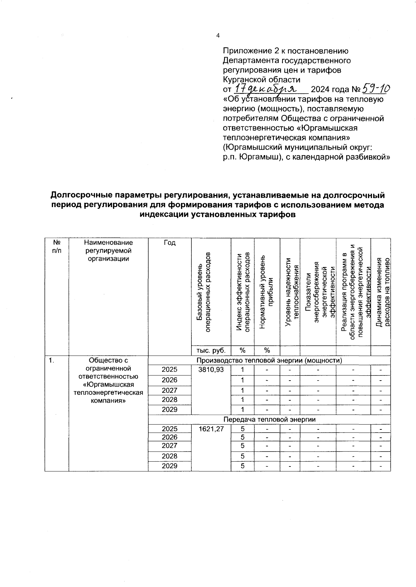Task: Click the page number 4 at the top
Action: (218, 35)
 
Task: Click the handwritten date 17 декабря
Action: (270, 89)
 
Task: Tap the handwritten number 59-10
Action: (375, 89)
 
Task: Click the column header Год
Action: (170, 243)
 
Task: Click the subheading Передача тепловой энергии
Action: (269, 419)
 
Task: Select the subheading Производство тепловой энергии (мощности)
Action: (269, 360)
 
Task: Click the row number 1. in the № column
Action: (51, 361)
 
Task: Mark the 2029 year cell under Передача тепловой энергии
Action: (170, 466)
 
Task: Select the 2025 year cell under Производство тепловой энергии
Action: (170, 370)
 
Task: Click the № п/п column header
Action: (56, 247)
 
